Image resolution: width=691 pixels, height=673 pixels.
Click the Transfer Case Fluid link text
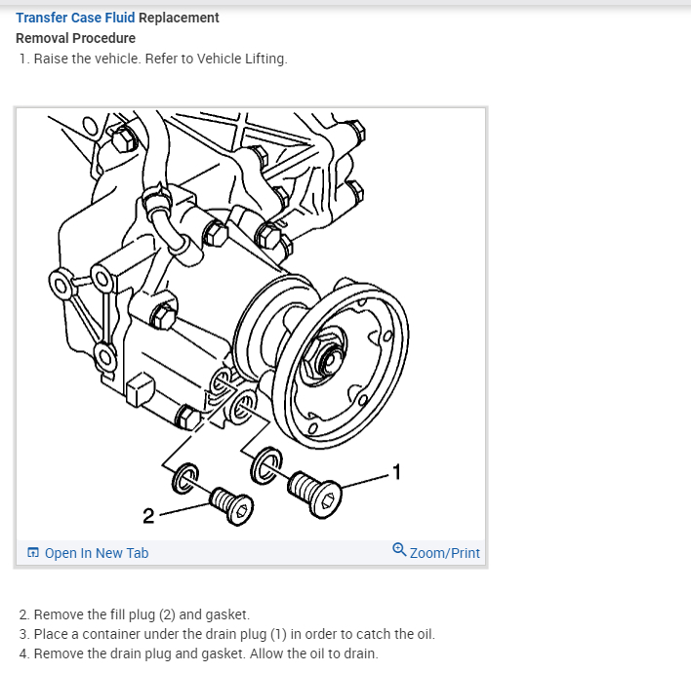(x=74, y=18)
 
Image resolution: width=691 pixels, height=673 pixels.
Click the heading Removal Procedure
(x=75, y=38)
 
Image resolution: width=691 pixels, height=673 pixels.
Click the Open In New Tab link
(x=96, y=553)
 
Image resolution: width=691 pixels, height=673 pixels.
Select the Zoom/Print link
(x=444, y=553)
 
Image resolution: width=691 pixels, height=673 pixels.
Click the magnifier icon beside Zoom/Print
(x=399, y=550)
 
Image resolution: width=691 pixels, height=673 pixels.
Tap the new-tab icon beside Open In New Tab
(x=33, y=553)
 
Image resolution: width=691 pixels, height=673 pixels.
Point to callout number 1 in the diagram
(x=395, y=473)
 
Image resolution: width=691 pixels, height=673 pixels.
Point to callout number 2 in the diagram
(x=147, y=514)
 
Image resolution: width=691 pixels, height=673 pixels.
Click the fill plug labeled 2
(x=230, y=502)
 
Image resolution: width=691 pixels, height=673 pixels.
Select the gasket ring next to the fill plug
(x=184, y=477)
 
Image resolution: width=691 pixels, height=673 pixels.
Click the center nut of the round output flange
(x=327, y=361)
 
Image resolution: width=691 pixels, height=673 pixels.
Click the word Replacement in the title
(x=179, y=18)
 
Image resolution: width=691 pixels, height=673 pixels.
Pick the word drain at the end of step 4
(x=358, y=653)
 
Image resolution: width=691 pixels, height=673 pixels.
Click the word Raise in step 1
(x=51, y=59)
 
